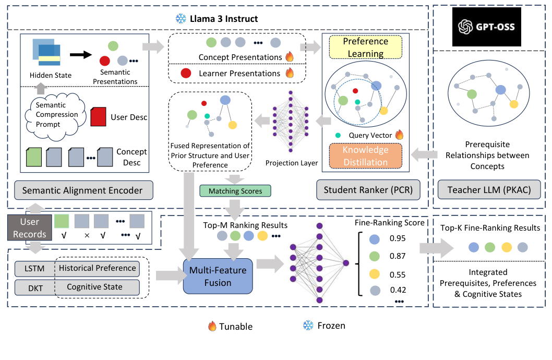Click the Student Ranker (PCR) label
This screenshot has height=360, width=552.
(x=371, y=190)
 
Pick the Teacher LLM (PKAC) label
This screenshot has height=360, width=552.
(x=489, y=190)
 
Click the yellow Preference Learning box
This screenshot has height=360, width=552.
(x=365, y=47)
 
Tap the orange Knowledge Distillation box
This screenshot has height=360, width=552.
(x=365, y=155)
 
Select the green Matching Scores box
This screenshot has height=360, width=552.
(x=235, y=191)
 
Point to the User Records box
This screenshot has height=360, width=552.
(x=29, y=228)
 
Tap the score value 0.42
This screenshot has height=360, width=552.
(x=398, y=290)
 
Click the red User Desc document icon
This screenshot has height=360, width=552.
(x=99, y=116)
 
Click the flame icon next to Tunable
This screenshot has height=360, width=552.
(x=212, y=326)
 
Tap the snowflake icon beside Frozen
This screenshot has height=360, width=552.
(x=308, y=326)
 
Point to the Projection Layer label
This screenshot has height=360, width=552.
(x=291, y=163)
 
